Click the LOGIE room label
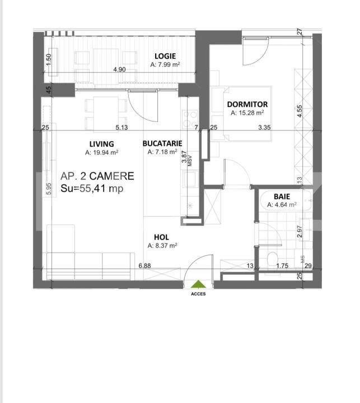pos(165,56)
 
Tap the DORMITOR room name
pos(247,104)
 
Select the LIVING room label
pos(101,144)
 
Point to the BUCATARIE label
pos(162,143)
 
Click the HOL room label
pos(161,237)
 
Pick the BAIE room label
pos(282,196)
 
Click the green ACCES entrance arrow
pos(198,284)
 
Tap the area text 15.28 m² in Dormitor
pos(247,113)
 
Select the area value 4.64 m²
pos(282,205)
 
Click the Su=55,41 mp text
pos(92,189)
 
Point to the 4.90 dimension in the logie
pos(120,69)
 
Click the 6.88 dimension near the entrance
pos(145,265)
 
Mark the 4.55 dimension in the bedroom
pos(300,111)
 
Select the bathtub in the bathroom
pos(286,201)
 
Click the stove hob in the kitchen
pos(190,119)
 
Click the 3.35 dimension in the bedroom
pos(264,127)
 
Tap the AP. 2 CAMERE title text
pos(97,176)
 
